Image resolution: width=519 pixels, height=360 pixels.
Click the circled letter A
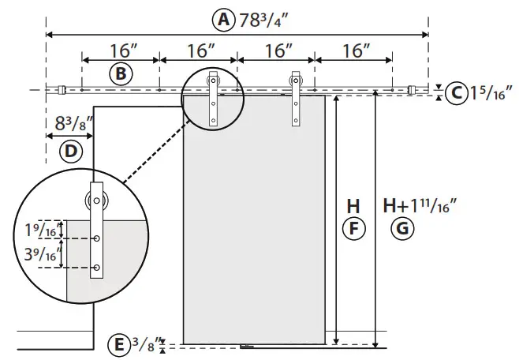click(x=226, y=20)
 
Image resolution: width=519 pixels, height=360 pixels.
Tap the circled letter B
click(x=120, y=74)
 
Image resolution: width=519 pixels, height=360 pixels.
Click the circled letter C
click(x=455, y=93)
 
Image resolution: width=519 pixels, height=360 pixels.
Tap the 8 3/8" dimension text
click(x=70, y=124)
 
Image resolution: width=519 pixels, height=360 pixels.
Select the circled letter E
click(x=118, y=345)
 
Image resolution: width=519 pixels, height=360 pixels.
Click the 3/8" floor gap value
click(x=144, y=344)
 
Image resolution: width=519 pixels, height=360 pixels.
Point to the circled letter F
click(x=353, y=229)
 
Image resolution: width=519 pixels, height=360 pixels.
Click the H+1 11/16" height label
click(x=420, y=206)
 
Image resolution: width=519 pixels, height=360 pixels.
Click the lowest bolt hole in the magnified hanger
click(x=97, y=268)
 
